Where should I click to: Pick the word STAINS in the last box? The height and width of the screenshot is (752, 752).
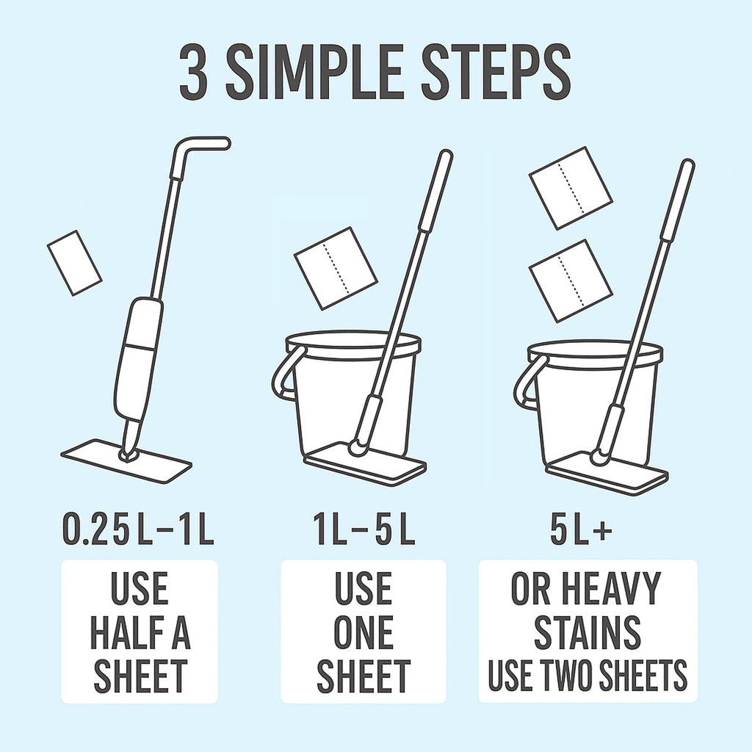(587, 633)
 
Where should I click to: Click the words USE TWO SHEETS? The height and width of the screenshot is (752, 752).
(587, 676)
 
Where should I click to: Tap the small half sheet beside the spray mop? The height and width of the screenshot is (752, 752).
(74, 262)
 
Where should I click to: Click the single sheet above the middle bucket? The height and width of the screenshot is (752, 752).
(335, 267)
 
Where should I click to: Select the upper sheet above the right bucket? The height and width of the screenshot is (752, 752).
(571, 188)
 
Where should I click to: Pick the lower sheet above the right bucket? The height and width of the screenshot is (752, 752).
(571, 280)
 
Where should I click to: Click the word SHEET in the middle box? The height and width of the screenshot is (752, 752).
(364, 676)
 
